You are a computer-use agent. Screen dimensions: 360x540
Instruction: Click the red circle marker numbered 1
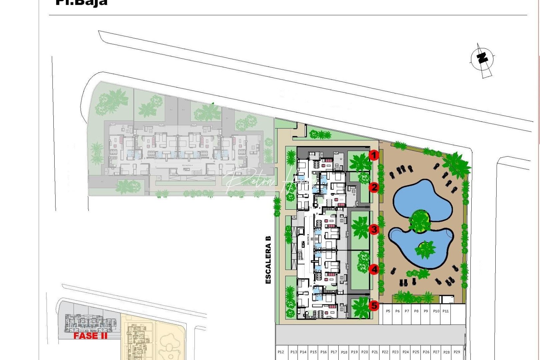374,155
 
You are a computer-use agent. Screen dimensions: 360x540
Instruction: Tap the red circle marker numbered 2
374,187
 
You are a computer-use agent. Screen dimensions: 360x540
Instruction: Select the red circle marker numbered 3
374,229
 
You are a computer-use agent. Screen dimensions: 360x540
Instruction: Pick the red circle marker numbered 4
374,269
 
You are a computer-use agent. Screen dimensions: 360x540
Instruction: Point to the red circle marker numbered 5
374,305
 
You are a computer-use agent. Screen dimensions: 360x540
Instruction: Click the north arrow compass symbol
482,59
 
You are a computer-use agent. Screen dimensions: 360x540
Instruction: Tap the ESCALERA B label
268,260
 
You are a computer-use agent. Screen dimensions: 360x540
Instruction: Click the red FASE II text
90,336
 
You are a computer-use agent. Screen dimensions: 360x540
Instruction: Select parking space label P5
388,311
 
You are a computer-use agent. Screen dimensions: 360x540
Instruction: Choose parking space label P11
446,311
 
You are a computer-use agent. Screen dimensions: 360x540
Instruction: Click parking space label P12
281,352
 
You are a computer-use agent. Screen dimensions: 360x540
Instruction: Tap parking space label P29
457,352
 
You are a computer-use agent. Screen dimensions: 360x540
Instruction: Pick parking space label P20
365,352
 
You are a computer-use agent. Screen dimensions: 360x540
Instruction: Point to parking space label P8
416,311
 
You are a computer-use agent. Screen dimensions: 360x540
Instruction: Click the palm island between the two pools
420,221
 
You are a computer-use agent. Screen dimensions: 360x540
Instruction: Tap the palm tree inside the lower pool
425,249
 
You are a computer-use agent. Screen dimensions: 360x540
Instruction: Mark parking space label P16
323,352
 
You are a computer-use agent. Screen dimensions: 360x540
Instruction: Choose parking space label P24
406,352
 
